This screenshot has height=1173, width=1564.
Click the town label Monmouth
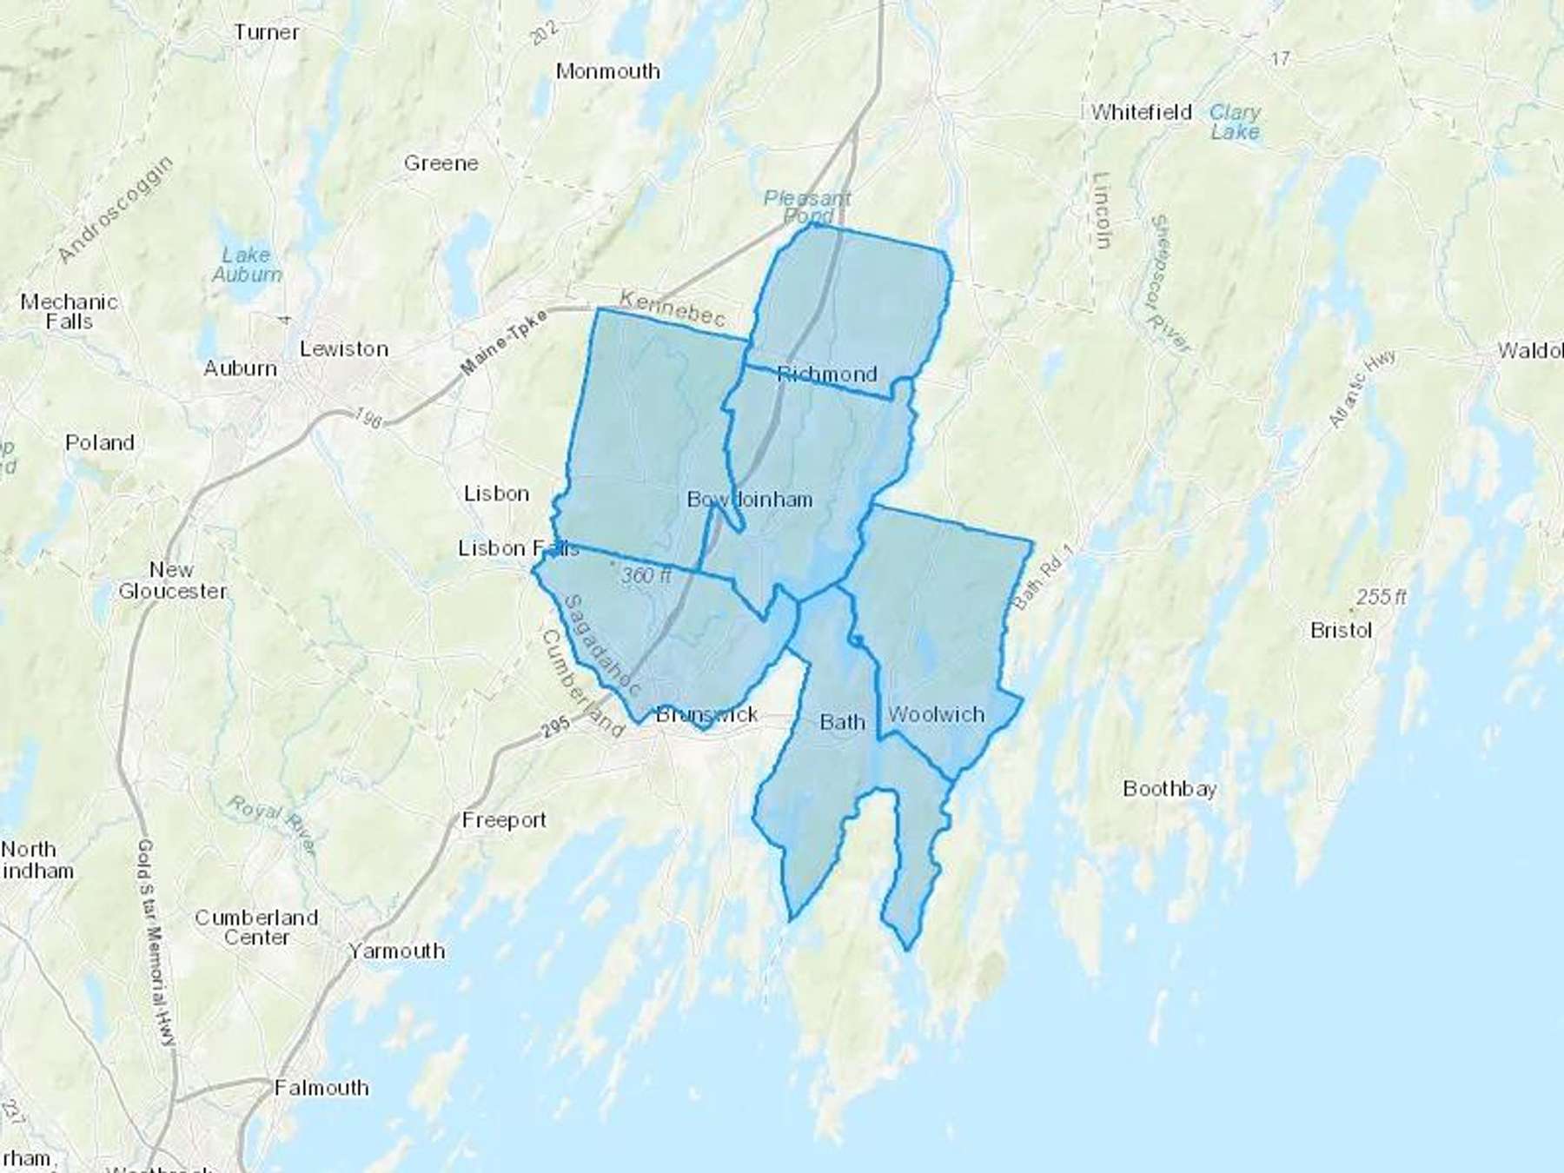tap(607, 71)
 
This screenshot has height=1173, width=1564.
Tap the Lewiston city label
tap(343, 349)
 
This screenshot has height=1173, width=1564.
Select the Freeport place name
tap(504, 819)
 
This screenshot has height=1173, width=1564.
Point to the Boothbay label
tap(1169, 789)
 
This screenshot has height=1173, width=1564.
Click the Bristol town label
tap(1341, 630)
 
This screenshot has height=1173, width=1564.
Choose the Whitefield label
tap(1141, 112)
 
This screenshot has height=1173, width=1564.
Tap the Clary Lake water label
tap(1235, 123)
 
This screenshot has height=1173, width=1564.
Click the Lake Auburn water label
tap(247, 265)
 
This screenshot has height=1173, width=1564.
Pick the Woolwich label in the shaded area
tap(936, 714)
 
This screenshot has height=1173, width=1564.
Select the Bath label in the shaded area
tap(842, 722)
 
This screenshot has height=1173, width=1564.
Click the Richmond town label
tap(826, 374)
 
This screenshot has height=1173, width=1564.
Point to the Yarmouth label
tap(396, 951)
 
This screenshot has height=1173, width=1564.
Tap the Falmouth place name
tap(321, 1088)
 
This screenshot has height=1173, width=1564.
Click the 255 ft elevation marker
tap(1381, 598)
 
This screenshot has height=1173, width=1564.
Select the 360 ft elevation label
tap(646, 575)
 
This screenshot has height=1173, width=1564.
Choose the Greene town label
tap(441, 163)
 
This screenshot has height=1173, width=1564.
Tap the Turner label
tap(266, 33)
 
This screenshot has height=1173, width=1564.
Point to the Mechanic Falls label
tap(69, 312)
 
